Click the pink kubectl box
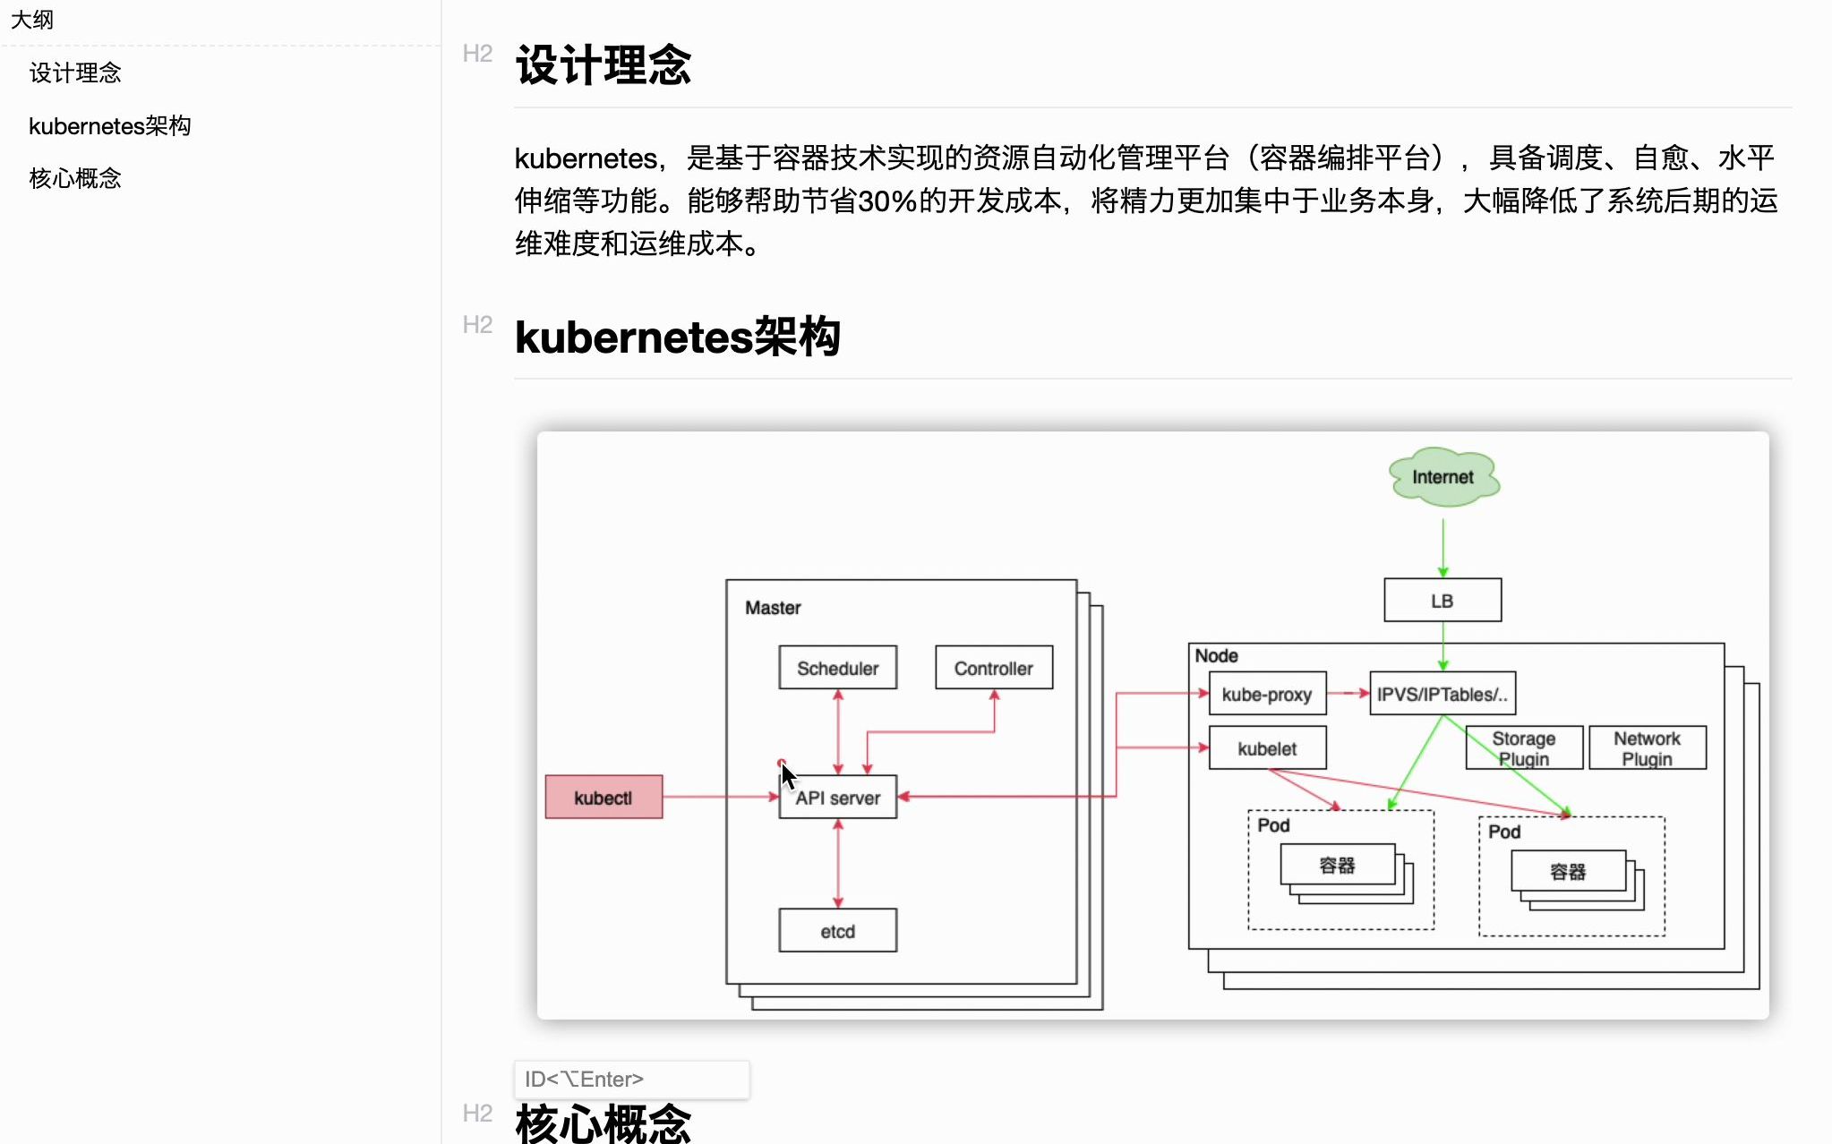coord(604,797)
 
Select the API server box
coord(838,797)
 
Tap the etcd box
coord(837,931)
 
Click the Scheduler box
coord(837,668)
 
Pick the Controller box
coord(993,668)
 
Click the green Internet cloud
coord(1442,477)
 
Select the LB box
coord(1442,601)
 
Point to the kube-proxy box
coord(1267,694)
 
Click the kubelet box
coord(1267,748)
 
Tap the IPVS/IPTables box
coord(1442,694)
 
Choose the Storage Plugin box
coord(1524,748)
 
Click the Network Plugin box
coord(1647,748)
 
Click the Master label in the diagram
coord(773,608)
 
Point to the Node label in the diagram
coord(1216,655)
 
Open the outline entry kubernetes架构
coord(110,126)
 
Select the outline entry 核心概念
coord(75,178)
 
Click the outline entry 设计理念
coord(75,73)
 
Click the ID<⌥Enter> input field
coord(631,1080)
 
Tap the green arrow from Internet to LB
coord(1442,546)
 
